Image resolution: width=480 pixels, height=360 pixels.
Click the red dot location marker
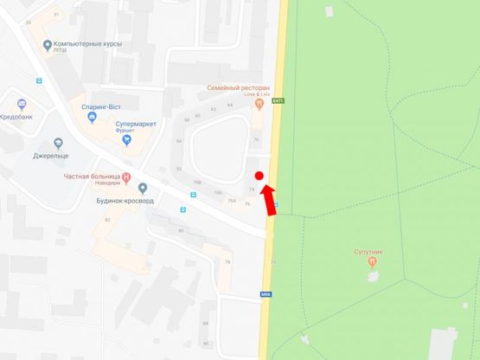click(259, 175)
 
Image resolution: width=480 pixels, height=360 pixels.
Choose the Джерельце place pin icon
click(58, 143)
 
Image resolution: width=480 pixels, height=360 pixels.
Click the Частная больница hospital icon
click(127, 178)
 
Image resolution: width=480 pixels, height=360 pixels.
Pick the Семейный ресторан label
click(238, 88)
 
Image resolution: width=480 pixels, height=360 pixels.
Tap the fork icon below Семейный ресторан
click(258, 104)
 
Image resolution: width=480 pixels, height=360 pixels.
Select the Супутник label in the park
click(369, 251)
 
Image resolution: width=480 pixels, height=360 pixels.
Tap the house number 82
click(108, 220)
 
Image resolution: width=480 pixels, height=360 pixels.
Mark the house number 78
click(227, 261)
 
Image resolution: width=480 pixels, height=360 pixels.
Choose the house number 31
click(56, 15)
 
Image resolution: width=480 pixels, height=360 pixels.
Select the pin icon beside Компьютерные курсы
click(47, 44)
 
